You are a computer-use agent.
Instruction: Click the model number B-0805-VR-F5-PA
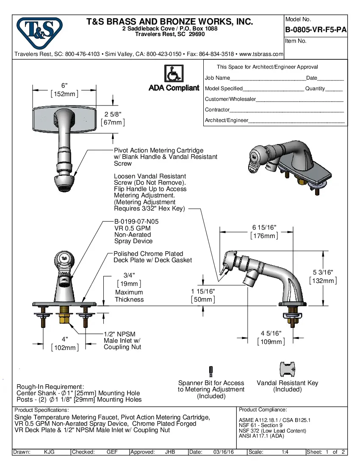point(316,30)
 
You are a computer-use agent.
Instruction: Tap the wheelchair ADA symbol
point(174,74)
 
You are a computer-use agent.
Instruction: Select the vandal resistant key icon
point(287,369)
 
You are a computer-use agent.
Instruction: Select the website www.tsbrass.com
point(261,54)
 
